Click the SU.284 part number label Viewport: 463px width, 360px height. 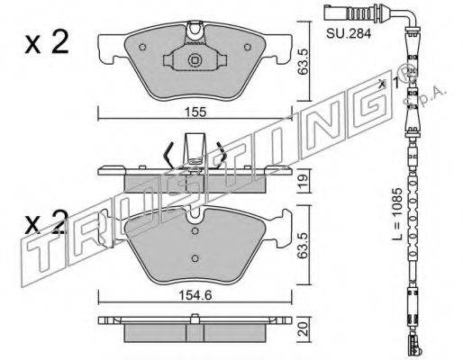[x=349, y=33]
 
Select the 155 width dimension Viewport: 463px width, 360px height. [x=195, y=112]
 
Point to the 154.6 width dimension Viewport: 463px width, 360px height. [x=195, y=295]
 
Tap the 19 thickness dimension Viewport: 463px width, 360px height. [x=304, y=182]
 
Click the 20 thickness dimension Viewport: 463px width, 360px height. [x=304, y=328]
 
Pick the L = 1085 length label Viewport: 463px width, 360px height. [x=397, y=214]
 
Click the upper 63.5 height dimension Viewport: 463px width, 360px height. [x=304, y=62]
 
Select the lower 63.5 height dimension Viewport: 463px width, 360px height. [x=304, y=245]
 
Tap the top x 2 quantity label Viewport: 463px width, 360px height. [x=47, y=42]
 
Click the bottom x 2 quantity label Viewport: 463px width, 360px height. [x=47, y=222]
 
